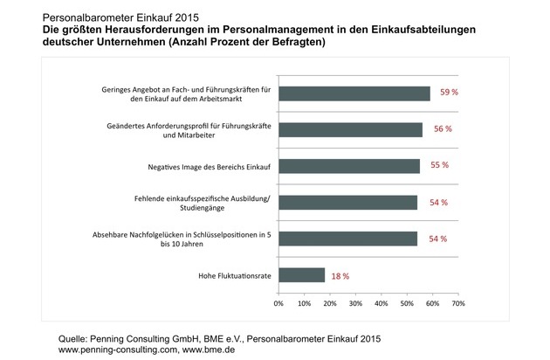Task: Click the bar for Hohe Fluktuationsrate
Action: [x=302, y=274]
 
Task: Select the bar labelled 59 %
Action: [x=354, y=94]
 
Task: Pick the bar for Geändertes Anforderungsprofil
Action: [x=351, y=130]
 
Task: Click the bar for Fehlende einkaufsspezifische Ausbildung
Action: [x=347, y=202]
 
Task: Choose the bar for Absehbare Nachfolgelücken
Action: [x=347, y=239]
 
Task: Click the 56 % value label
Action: [x=443, y=130]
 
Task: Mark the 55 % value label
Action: [x=440, y=166]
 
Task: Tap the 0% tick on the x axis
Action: [x=278, y=305]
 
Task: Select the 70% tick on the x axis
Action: [x=457, y=305]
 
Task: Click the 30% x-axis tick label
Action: [x=355, y=305]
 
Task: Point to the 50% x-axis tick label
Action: [x=406, y=305]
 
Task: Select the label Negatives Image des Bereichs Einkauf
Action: [x=195, y=166]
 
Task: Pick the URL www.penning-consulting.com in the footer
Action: [x=120, y=350]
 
